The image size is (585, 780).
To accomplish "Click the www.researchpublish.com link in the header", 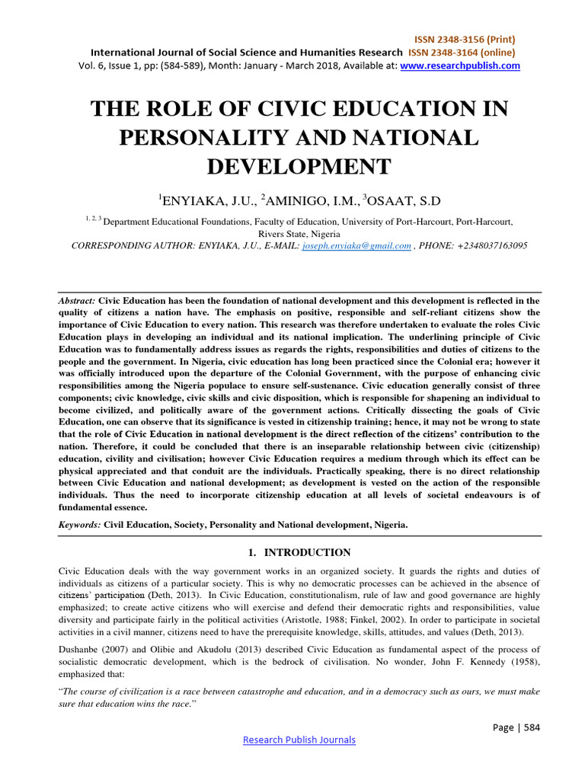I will (460, 66).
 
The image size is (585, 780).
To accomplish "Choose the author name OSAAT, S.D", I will (403, 201).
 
